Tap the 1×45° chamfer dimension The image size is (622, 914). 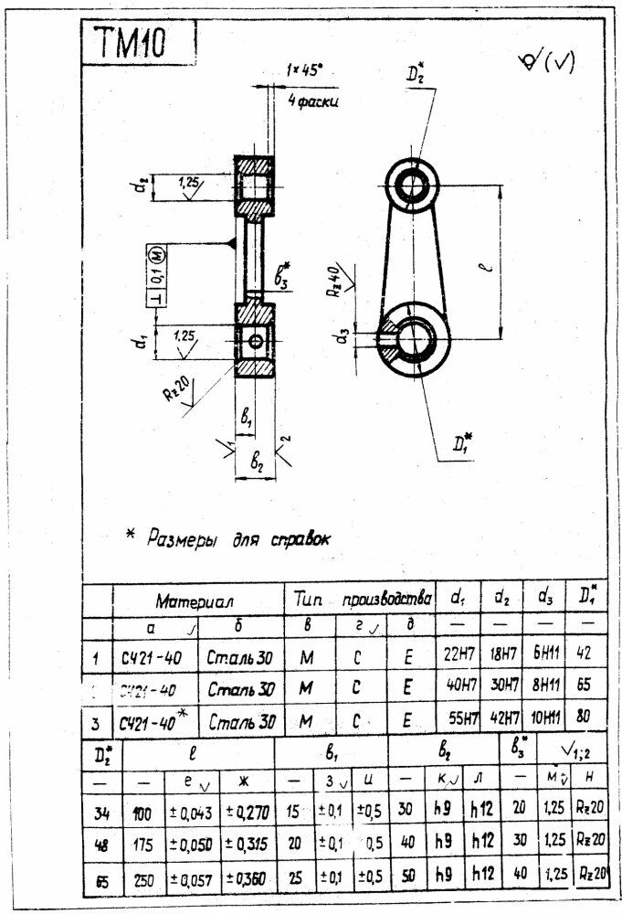point(303,69)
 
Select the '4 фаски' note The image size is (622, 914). point(312,101)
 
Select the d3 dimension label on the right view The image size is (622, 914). point(340,337)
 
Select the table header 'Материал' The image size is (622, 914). point(195,602)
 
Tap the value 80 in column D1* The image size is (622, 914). point(585,717)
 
